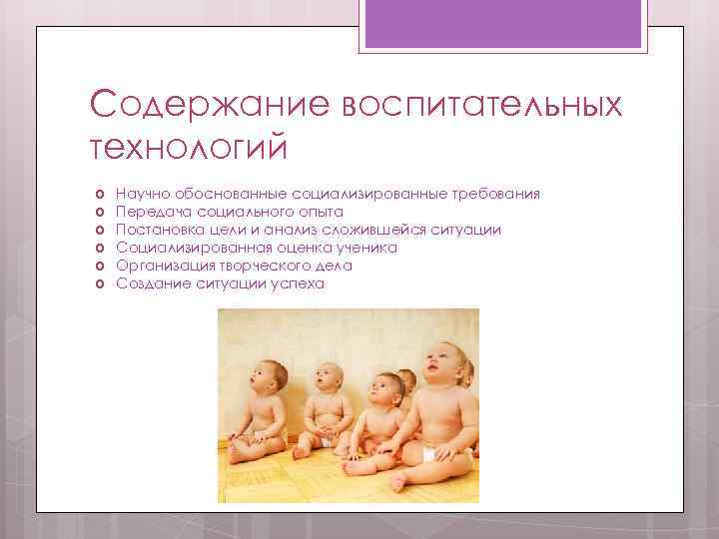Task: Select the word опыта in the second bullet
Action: pyautogui.click(x=321, y=212)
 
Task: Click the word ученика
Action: pyautogui.click(x=367, y=248)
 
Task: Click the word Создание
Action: pyautogui.click(x=147, y=283)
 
